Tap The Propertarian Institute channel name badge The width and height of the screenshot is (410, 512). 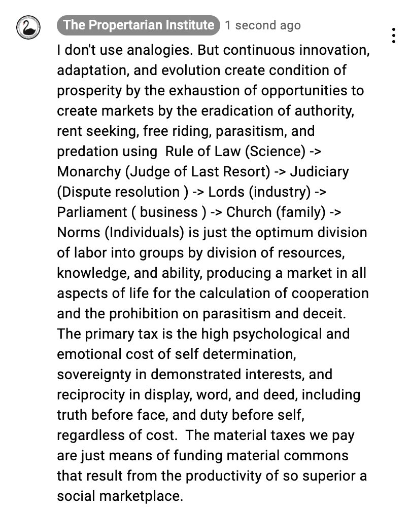(x=139, y=25)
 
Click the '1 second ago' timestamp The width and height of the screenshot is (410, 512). (x=263, y=25)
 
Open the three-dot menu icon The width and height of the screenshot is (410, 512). (x=394, y=35)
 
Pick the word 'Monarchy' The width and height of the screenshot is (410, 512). (x=88, y=172)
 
